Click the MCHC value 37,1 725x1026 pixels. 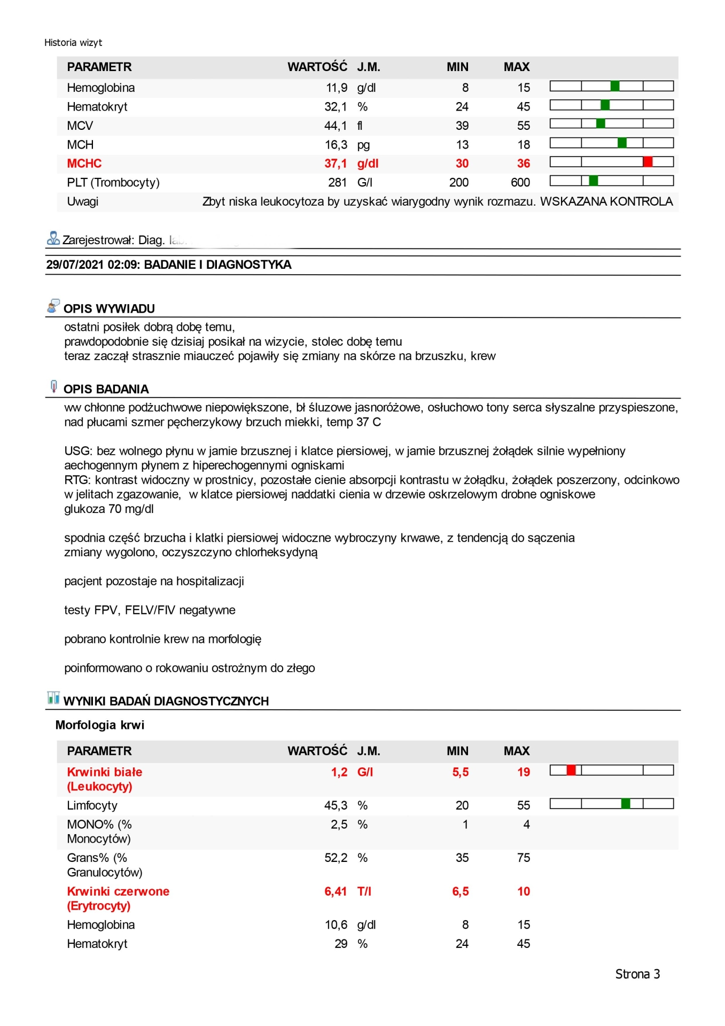[336, 164]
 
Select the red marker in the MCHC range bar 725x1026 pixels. [648, 162]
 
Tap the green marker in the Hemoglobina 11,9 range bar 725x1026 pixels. [615, 86]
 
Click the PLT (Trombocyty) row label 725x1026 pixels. [113, 183]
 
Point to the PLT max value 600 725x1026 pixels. [520, 183]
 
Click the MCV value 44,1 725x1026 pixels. [336, 126]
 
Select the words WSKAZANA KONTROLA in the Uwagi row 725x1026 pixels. [606, 202]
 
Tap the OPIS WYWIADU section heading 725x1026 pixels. [109, 309]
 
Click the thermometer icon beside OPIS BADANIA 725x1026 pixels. [53, 386]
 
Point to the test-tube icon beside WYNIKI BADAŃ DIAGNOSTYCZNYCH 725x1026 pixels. [53, 698]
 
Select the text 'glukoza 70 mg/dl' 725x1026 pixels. [109, 509]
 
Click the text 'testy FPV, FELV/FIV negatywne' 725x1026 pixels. [150, 610]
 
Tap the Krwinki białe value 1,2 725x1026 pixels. [339, 772]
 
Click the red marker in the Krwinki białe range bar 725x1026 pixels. [571, 770]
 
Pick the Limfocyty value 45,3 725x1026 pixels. [336, 806]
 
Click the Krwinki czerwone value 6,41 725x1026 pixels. [336, 891]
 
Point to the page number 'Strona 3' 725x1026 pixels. [637, 974]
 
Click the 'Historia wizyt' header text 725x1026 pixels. [73, 43]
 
